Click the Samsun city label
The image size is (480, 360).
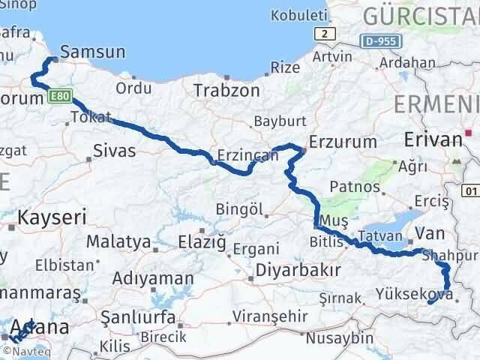[91, 52]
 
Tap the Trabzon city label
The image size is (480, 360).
[226, 90]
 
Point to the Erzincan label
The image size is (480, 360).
[247, 156]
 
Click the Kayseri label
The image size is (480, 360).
[52, 218]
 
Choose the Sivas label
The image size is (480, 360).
[114, 151]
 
